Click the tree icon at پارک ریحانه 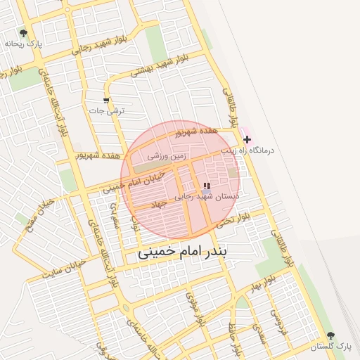[24, 33]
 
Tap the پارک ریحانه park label [24, 44]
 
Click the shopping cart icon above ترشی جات [107, 101]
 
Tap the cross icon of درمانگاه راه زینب [247, 140]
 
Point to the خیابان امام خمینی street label [138, 182]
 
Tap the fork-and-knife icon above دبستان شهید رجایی [206, 186]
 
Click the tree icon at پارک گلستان [330, 336]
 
